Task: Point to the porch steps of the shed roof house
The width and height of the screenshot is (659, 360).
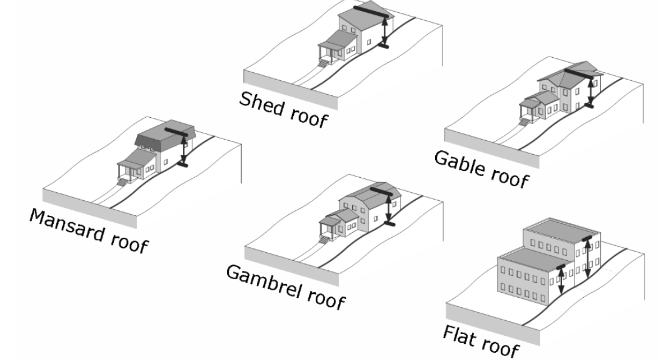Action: coord(324,63)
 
